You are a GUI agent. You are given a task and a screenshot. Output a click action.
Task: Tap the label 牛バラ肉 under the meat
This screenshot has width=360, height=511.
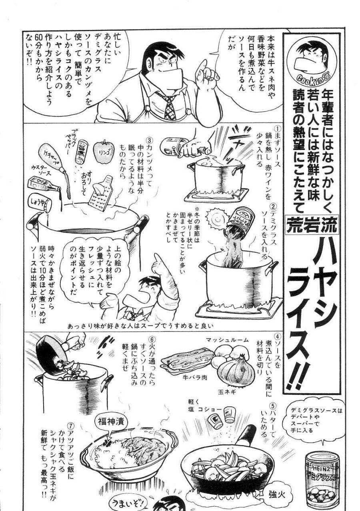point(195,377)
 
